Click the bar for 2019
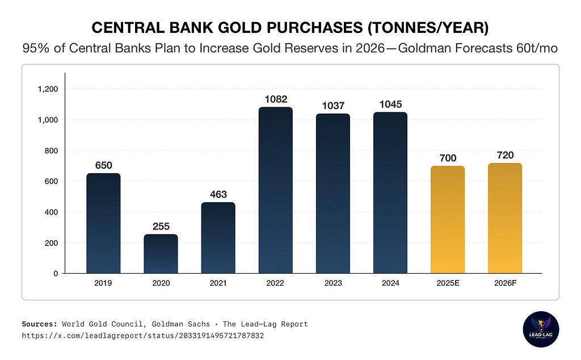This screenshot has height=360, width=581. [x=103, y=223]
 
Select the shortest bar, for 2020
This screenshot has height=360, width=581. [x=161, y=254]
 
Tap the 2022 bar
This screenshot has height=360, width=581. [x=275, y=190]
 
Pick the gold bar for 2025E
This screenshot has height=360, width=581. [x=448, y=220]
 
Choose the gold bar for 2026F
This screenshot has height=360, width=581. [x=505, y=218]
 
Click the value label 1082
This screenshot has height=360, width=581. [x=275, y=99]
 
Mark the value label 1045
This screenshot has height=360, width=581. [x=390, y=105]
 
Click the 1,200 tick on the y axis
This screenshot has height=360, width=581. [x=48, y=89]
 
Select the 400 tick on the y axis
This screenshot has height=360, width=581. [x=51, y=212]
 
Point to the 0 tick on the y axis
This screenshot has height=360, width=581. [x=55, y=273]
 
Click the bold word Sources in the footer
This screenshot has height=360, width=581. [x=39, y=324]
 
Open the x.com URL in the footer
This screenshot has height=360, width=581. [x=142, y=336]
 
